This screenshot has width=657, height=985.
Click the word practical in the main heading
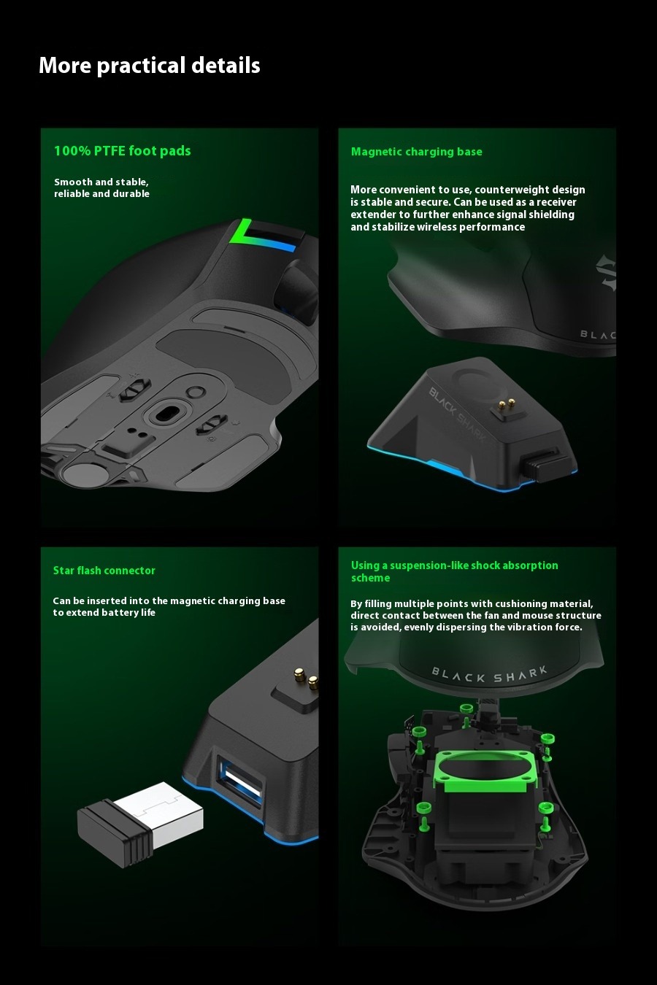(141, 66)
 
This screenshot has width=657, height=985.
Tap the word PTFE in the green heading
(109, 151)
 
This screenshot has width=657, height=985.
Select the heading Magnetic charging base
(416, 152)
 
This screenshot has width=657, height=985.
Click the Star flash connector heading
(104, 571)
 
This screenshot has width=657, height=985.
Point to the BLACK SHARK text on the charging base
(458, 414)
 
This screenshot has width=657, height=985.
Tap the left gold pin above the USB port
(300, 673)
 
